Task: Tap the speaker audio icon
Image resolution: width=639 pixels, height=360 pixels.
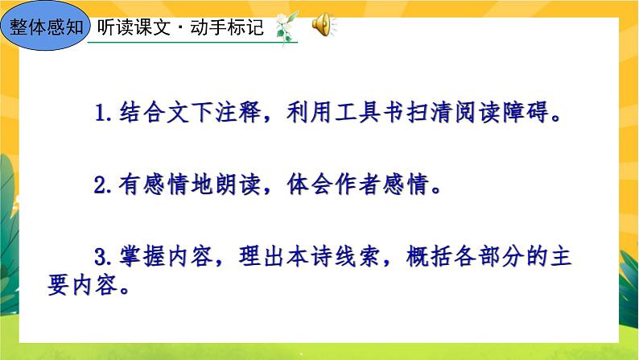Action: pos(319,26)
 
